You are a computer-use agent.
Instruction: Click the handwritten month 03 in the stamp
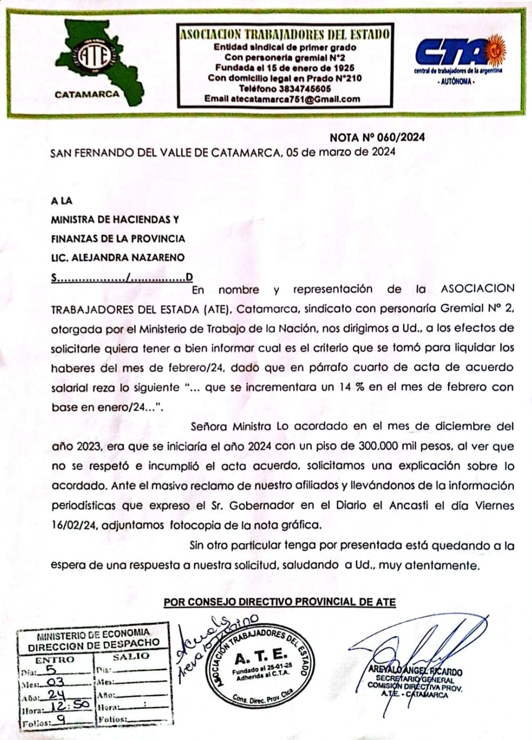pyautogui.click(x=56, y=681)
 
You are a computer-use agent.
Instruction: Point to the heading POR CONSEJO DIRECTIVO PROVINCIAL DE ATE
pyautogui.click(x=280, y=602)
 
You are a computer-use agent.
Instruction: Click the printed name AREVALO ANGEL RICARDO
pyautogui.click(x=415, y=671)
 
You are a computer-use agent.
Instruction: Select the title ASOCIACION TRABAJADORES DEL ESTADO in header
pyautogui.click(x=285, y=35)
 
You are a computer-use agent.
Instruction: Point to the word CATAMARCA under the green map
pyautogui.click(x=87, y=94)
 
